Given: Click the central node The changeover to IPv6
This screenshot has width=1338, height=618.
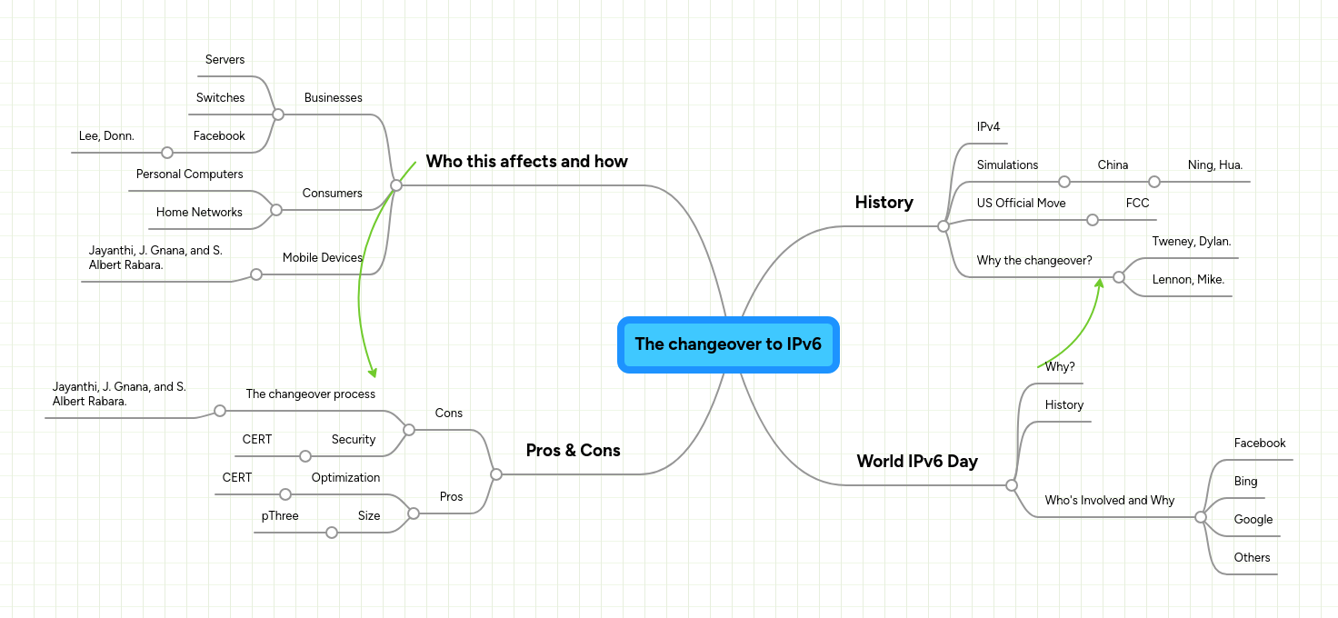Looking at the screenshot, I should [x=727, y=344].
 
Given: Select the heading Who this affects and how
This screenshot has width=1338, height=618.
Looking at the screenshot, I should [x=526, y=162].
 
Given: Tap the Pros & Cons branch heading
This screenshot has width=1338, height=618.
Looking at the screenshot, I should [x=573, y=451].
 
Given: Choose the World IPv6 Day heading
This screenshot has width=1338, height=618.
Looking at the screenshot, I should [x=916, y=462].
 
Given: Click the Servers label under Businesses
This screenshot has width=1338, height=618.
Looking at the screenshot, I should [x=225, y=60].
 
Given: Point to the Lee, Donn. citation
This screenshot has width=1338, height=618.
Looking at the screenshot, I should [x=106, y=136].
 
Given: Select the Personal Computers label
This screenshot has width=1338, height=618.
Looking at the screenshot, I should [x=189, y=174].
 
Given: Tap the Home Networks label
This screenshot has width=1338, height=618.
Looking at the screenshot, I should [x=199, y=213].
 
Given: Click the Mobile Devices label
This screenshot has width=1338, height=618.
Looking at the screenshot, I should [x=322, y=258].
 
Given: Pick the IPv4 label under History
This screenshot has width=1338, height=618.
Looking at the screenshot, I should [x=988, y=127].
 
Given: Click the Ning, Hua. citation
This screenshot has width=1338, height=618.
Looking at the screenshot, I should [x=1214, y=165].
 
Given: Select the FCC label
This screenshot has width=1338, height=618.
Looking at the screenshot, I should [x=1137, y=204].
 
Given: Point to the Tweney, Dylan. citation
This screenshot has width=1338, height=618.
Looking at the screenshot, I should [x=1191, y=242].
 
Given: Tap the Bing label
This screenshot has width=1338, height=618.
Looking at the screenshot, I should [x=1245, y=482].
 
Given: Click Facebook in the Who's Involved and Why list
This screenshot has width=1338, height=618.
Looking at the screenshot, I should [x=1259, y=444].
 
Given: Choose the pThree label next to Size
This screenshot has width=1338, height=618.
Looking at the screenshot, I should [x=280, y=516].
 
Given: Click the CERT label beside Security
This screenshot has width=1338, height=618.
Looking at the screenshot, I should [x=257, y=440].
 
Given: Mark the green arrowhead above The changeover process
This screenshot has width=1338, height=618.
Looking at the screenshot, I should [x=371, y=372].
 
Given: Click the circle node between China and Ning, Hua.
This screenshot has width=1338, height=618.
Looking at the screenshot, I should [x=1154, y=182].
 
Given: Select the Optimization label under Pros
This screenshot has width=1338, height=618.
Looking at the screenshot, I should [x=345, y=478].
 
